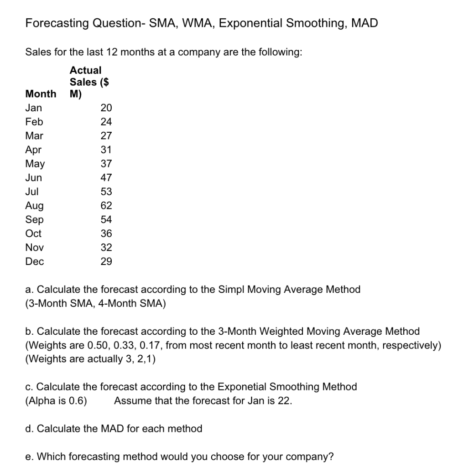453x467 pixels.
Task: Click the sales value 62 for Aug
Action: click(106, 206)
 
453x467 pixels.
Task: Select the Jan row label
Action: click(33, 108)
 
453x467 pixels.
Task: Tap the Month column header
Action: click(41, 94)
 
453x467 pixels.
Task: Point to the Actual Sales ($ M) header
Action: click(89, 82)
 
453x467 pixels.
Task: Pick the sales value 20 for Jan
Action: click(106, 108)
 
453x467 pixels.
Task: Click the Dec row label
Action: click(35, 262)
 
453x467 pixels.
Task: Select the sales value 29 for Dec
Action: click(106, 262)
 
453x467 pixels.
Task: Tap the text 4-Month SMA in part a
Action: click(133, 304)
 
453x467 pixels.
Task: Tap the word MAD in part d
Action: click(99, 429)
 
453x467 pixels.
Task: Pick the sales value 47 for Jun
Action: click(106, 178)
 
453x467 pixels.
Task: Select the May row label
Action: click(35, 164)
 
